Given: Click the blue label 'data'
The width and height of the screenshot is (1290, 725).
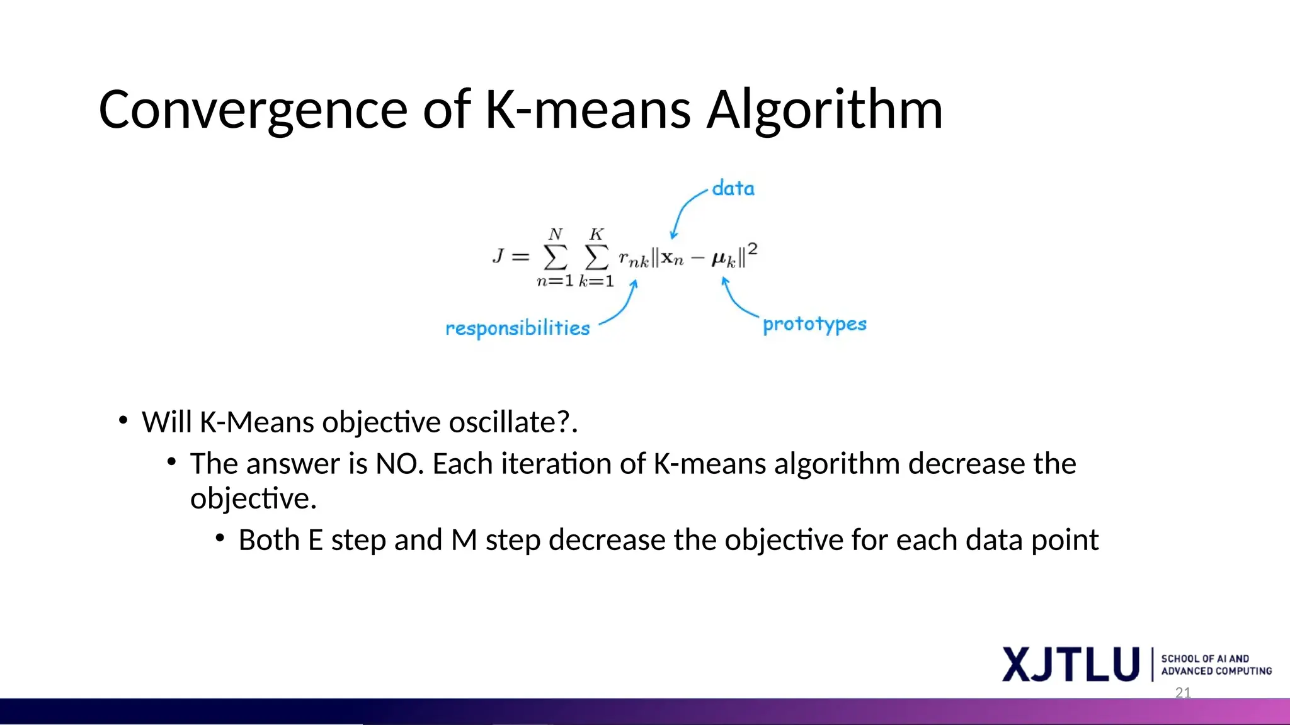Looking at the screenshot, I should pos(733,188).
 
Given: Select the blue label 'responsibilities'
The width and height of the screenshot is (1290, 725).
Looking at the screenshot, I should pos(517,328).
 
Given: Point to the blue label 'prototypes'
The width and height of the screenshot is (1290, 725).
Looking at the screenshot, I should pos(814,324).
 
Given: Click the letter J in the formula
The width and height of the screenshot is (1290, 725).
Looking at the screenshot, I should pos(498,256).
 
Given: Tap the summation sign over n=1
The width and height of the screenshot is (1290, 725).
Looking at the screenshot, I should pos(555,257).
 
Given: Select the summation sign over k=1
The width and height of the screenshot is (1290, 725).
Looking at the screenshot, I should pos(596,257).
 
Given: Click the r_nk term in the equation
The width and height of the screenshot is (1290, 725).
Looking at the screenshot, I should pos(633,259).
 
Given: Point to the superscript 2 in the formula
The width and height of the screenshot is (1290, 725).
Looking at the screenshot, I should pos(752,249).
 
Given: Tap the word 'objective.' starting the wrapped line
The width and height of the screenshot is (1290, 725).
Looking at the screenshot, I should pos(253,498).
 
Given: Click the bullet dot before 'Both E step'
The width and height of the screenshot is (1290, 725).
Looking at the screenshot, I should pos(220,539).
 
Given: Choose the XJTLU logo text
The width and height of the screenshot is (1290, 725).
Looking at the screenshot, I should pos(1070,664).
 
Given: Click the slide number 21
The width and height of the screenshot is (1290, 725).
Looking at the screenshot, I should pos(1183,693).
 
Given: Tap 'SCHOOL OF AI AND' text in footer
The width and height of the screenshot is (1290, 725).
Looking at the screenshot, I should pos(1204,658).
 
